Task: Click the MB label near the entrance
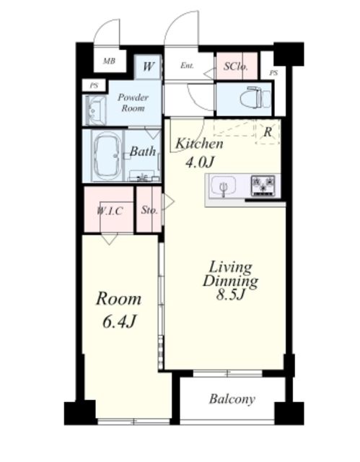(109, 61)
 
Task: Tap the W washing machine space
(148, 66)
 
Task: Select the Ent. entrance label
(187, 66)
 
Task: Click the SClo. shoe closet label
(235, 66)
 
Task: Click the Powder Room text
(133, 103)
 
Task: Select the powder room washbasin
(95, 110)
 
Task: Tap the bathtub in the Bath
(107, 156)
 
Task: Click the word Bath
(143, 152)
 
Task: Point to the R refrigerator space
(267, 132)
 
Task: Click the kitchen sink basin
(224, 186)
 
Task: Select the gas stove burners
(263, 186)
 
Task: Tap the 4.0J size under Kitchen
(199, 162)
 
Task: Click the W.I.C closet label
(109, 211)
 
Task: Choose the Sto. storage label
(149, 210)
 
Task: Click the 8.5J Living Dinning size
(230, 295)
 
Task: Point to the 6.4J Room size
(119, 321)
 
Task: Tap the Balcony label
(232, 399)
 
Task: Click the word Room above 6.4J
(118, 299)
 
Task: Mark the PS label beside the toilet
(273, 73)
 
